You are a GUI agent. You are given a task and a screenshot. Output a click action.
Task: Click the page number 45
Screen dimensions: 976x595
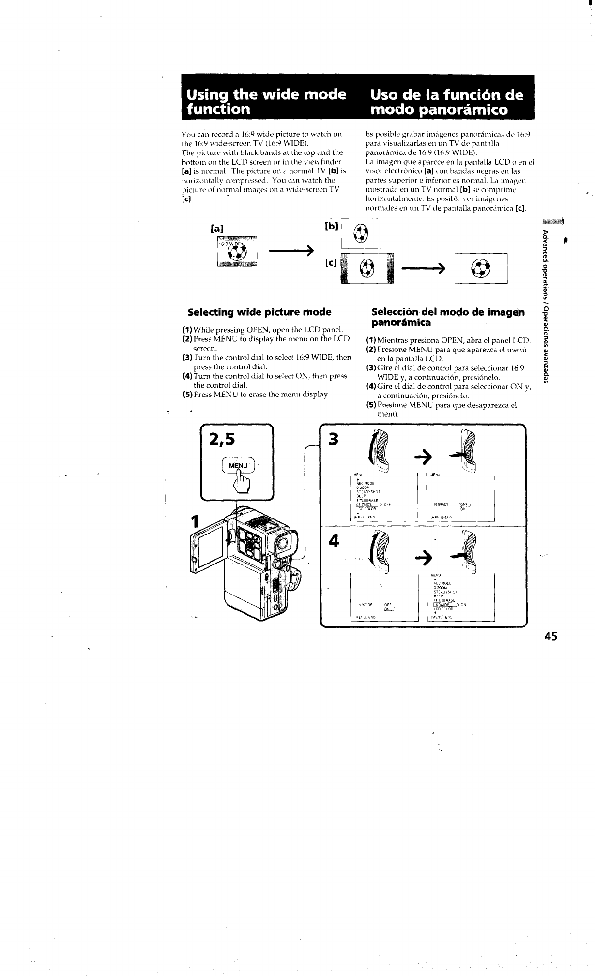tap(550, 636)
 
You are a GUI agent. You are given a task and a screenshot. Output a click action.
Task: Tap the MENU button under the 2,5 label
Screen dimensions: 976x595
tap(238, 465)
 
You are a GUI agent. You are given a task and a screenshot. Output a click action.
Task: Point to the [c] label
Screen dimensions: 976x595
tap(332, 263)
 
